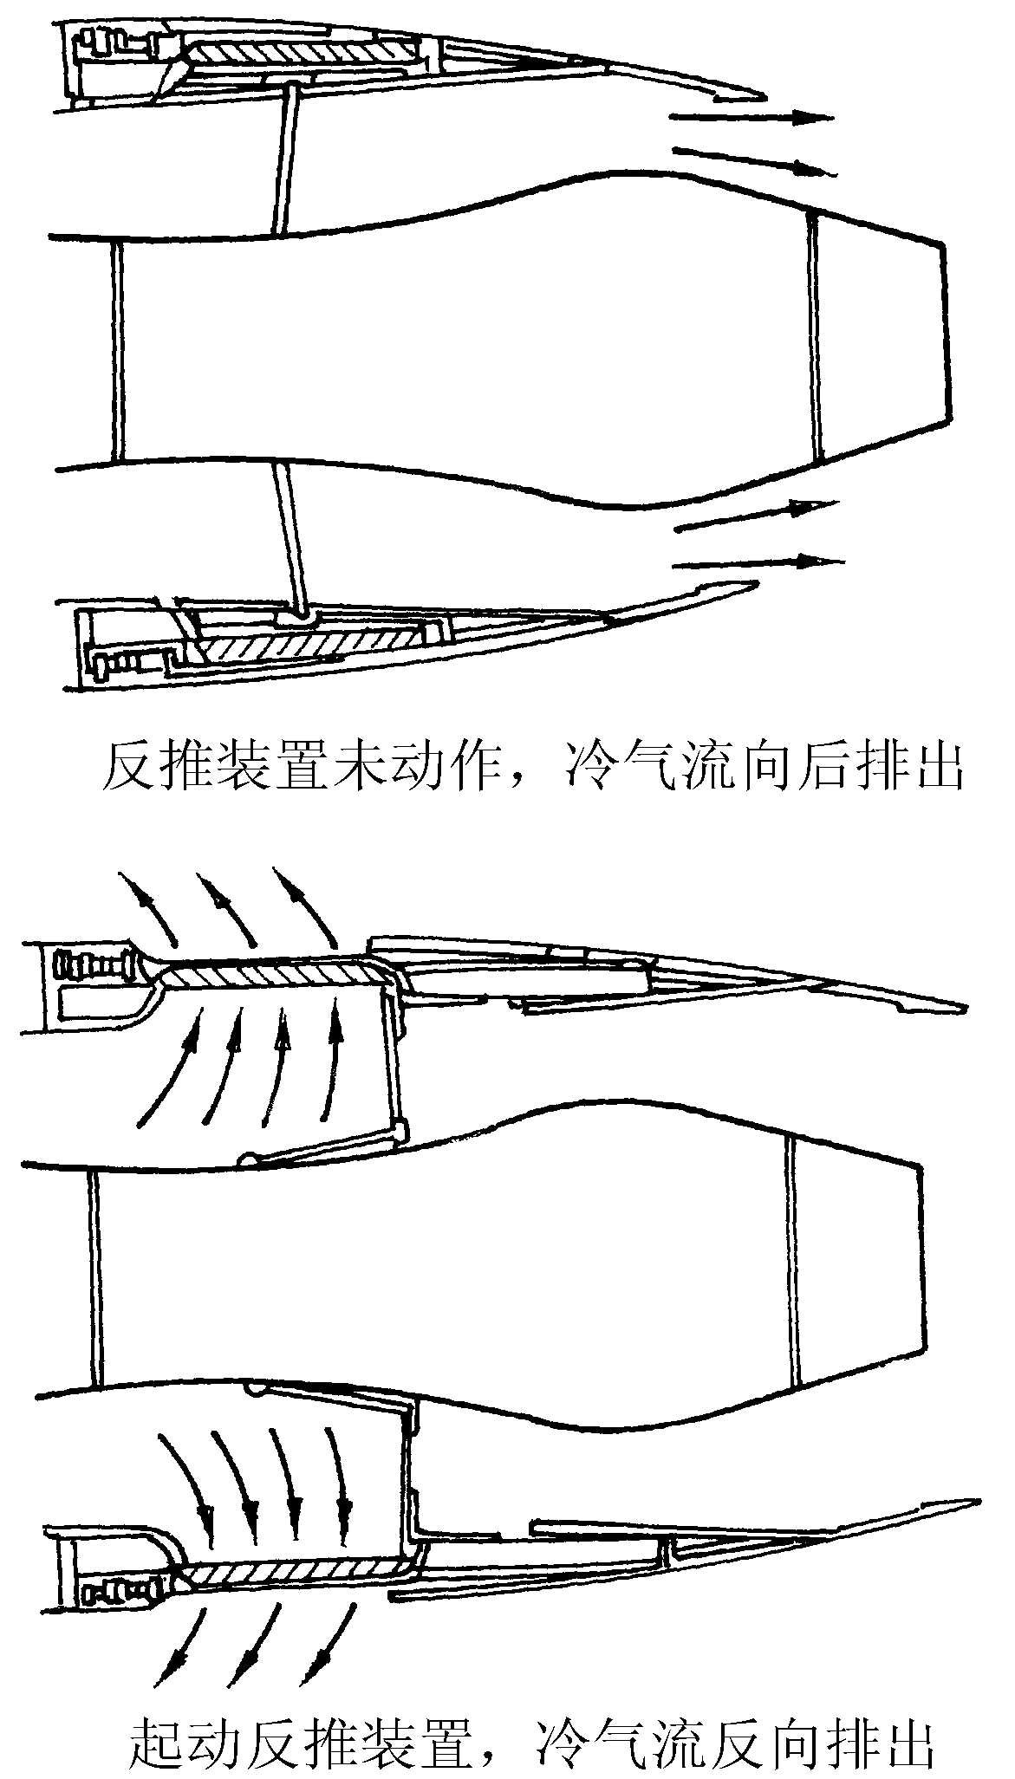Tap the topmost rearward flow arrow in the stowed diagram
[751, 116]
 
